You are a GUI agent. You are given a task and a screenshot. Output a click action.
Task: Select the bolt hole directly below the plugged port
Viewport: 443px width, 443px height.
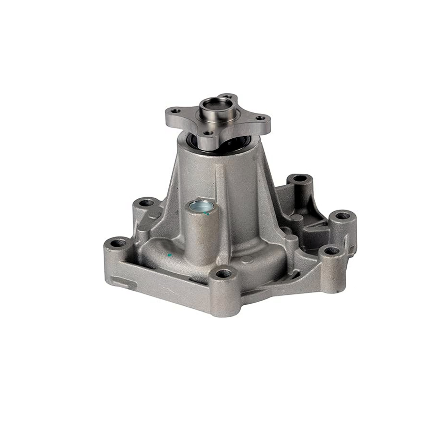pos(223,273)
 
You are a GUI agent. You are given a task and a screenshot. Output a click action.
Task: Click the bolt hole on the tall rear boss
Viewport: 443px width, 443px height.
pos(299,178)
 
